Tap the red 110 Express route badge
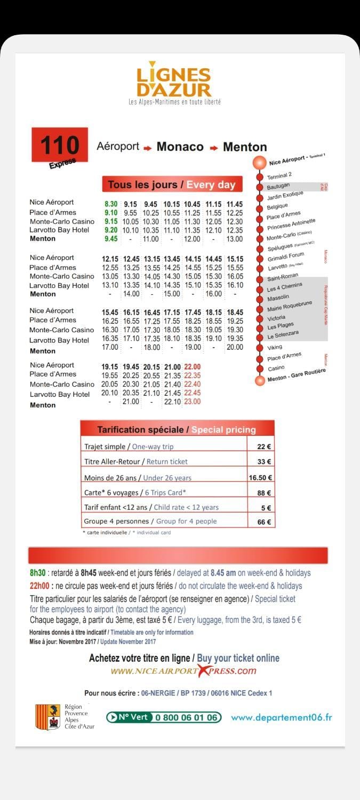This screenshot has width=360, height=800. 60,146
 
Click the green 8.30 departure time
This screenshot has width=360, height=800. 111,204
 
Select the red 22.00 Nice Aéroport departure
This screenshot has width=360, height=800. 192,367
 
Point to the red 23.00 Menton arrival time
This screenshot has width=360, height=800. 192,402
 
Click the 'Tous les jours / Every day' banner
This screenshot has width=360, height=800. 172,185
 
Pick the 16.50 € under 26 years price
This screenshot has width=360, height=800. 261,478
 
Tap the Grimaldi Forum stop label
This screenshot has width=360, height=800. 286,257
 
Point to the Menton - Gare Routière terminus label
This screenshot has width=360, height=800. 297,375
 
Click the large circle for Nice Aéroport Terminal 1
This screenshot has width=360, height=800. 260,163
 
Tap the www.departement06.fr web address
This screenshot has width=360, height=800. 281,717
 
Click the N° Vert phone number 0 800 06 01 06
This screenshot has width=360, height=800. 186,717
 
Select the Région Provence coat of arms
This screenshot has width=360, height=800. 47,716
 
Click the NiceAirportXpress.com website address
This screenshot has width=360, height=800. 183,671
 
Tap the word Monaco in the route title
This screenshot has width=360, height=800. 180,147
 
